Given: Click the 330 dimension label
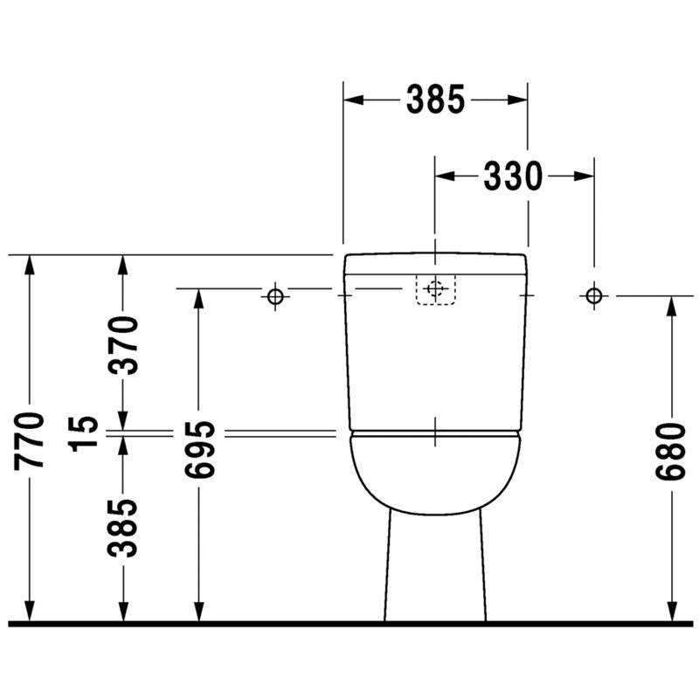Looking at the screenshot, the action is (x=513, y=176).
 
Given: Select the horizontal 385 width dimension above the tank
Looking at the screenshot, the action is (x=435, y=100).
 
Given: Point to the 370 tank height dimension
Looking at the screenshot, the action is (x=123, y=345).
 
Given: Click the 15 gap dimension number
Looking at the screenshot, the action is (x=84, y=433).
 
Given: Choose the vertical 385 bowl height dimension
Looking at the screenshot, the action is (x=122, y=529).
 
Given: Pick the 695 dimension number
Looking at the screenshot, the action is (x=199, y=450).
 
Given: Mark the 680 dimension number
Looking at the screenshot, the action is (x=670, y=452).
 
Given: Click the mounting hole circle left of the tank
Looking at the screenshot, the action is (x=275, y=296).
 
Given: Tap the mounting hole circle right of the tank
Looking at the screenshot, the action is (x=594, y=295).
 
